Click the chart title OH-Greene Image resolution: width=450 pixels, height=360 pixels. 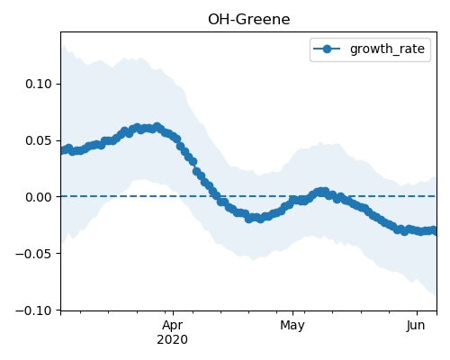pyautogui.click(x=249, y=20)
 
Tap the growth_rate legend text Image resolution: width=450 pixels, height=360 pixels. pyautogui.click(x=387, y=49)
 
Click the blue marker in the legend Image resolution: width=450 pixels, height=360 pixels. pyautogui.click(x=327, y=49)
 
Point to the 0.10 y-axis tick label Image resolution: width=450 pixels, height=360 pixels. pyautogui.click(x=39, y=84)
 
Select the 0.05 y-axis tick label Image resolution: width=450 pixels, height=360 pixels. pyautogui.click(x=39, y=140)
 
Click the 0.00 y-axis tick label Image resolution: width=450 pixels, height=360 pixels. pyautogui.click(x=39, y=197)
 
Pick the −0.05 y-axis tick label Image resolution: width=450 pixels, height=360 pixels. pyautogui.click(x=34, y=254)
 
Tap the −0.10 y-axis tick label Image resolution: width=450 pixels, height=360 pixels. pyautogui.click(x=34, y=310)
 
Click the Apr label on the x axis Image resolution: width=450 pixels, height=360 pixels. pyautogui.click(x=173, y=326)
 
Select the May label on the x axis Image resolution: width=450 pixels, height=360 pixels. pyautogui.click(x=292, y=326)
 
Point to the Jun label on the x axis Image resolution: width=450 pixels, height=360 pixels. pyautogui.click(x=416, y=326)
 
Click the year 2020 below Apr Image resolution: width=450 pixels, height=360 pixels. pyautogui.click(x=173, y=339)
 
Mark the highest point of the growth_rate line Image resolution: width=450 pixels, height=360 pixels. pyautogui.click(x=157, y=127)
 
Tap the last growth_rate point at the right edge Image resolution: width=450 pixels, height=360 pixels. pyautogui.click(x=435, y=231)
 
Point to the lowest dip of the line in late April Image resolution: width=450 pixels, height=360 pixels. pyautogui.click(x=248, y=219)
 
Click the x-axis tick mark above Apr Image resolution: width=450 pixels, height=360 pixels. pyautogui.click(x=173, y=313)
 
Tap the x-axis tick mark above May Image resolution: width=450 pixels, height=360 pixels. pyautogui.click(x=292, y=313)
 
